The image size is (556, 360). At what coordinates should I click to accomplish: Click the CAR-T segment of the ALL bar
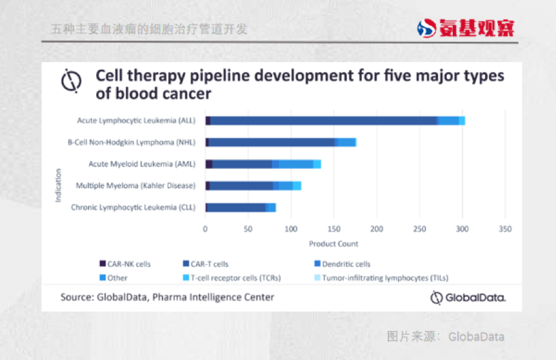323,121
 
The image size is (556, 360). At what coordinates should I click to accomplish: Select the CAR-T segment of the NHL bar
271,142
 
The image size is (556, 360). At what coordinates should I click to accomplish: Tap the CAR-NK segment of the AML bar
209,164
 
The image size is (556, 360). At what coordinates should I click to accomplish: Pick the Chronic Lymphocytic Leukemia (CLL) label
133,208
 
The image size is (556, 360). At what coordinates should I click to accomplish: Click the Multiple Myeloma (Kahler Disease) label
135,186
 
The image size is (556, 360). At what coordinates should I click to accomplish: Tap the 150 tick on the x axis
333,229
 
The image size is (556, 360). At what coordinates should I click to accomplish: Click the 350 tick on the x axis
505,229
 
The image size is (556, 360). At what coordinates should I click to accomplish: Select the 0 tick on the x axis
205,229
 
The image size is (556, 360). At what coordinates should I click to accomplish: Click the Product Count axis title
333,244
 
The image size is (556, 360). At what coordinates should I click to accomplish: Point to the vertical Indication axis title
58,185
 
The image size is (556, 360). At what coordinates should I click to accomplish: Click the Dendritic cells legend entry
345,264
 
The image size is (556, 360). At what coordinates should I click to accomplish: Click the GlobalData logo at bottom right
468,297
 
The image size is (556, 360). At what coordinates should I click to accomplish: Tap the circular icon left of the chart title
71,81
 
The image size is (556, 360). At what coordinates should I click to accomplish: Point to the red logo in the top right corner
465,28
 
